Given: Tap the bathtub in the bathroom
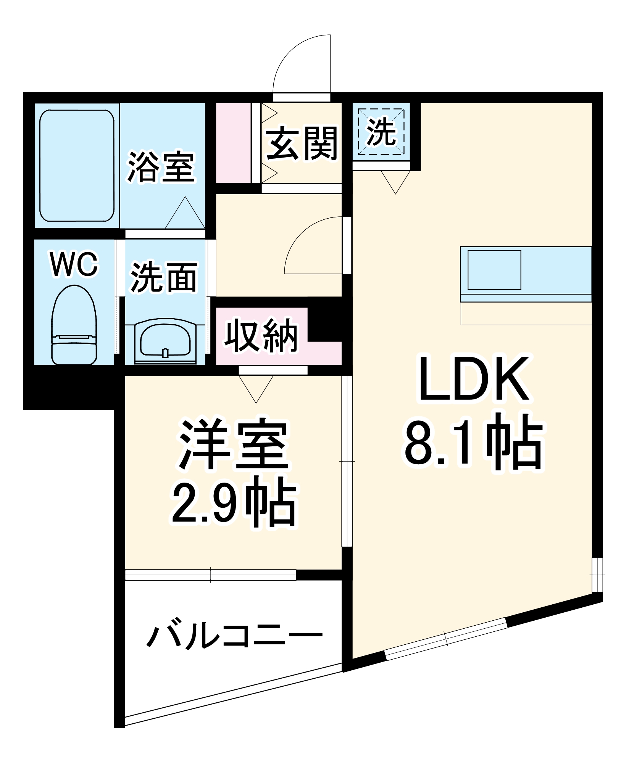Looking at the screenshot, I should click(x=77, y=166).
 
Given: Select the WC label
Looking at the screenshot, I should click(x=74, y=264).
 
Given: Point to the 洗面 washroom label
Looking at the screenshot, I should click(x=164, y=278).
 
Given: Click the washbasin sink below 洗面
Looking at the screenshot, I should click(x=165, y=341).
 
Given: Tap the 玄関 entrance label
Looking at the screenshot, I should click(x=302, y=144).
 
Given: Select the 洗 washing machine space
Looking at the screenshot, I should click(x=381, y=132).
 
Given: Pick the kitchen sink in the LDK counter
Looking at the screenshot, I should click(x=494, y=270).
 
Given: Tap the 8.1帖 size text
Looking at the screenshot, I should click(x=473, y=443).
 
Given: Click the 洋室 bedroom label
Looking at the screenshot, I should click(x=233, y=444).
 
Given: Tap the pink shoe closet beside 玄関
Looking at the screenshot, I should click(x=233, y=143).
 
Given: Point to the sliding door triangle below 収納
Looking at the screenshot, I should click(x=256, y=388).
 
